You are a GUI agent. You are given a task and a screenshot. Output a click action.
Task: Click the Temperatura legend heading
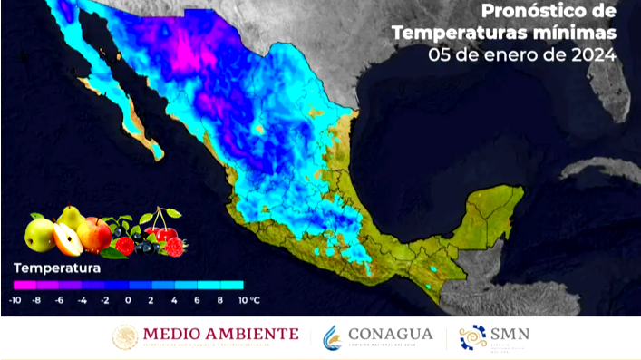[56, 268]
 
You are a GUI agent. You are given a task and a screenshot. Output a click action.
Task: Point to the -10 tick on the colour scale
[15, 299]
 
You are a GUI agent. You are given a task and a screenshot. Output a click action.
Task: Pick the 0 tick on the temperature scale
[128, 299]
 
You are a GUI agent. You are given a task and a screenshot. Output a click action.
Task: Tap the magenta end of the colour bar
[18, 284]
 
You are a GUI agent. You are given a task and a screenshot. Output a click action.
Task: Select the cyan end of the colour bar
[238, 284]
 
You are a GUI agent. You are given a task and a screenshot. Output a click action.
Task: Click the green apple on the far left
[40, 234]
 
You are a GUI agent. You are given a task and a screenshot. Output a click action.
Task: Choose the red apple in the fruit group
[94, 234]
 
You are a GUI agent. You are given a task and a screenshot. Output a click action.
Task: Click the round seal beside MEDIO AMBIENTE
[125, 337]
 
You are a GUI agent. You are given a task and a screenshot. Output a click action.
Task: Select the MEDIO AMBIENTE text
[221, 334]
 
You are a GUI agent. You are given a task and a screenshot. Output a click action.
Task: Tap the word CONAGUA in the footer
[392, 334]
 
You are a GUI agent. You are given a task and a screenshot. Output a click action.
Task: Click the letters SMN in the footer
[510, 334]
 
